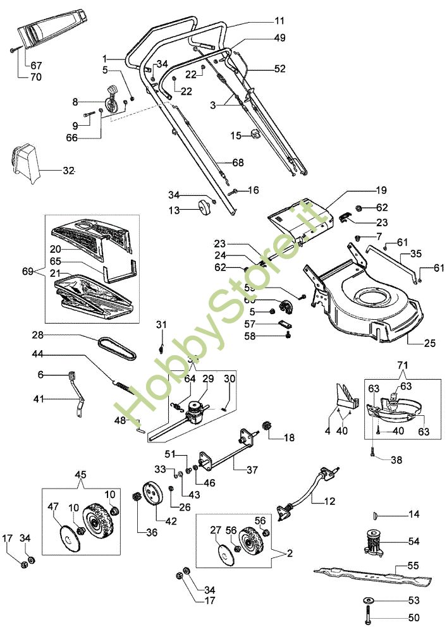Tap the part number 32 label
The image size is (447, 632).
[69, 171]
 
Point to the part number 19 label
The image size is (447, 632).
[381, 190]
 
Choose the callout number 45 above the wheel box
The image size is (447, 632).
[81, 475]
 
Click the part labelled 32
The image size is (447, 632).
[23, 163]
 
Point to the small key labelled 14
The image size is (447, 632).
[376, 515]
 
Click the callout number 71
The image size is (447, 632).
[403, 366]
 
